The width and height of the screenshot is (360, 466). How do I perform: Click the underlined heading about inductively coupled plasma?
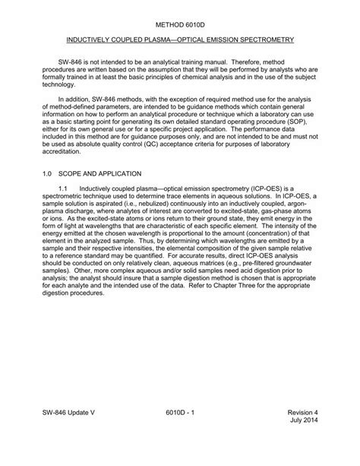click(x=180, y=37)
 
